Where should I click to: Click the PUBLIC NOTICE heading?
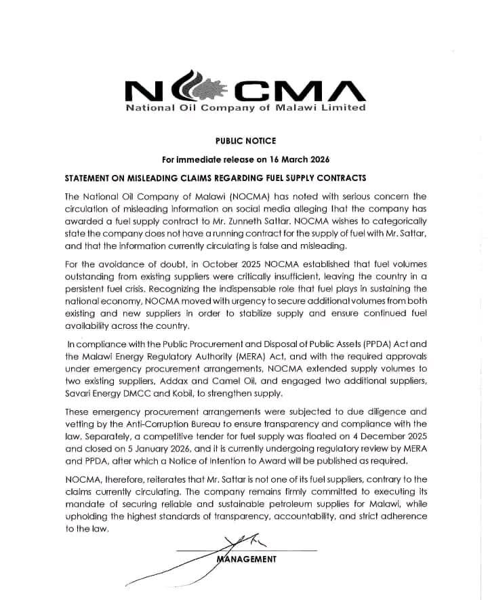tap(245, 141)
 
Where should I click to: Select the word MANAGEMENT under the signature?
tap(247, 559)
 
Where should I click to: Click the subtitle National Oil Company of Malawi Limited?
tap(245, 108)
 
